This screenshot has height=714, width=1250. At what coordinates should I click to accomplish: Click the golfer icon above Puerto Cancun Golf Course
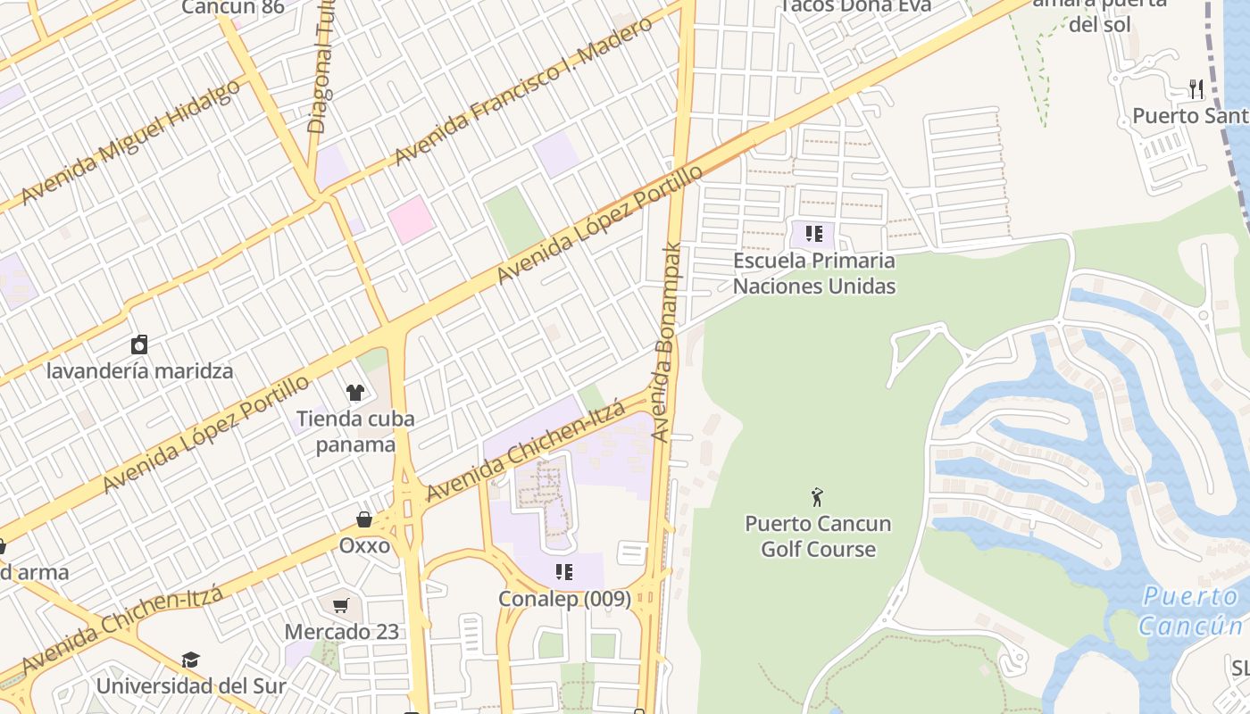click(817, 497)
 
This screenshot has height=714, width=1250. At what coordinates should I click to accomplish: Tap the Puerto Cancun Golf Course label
click(818, 535)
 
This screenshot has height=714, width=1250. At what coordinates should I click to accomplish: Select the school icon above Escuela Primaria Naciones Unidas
click(813, 234)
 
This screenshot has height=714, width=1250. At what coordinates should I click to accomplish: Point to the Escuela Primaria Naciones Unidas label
click(813, 273)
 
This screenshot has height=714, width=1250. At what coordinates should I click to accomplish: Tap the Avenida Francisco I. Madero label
click(523, 91)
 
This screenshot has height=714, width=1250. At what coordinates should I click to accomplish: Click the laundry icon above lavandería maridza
click(139, 345)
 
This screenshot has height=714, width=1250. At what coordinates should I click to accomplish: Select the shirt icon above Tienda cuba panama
click(355, 392)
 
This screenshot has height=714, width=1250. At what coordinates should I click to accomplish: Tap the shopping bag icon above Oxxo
click(364, 519)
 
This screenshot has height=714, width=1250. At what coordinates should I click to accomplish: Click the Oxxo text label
click(364, 545)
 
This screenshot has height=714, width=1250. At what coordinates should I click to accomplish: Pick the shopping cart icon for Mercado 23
click(341, 606)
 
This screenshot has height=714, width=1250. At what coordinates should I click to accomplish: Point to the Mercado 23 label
click(342, 632)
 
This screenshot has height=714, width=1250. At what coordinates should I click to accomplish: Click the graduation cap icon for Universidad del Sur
click(190, 660)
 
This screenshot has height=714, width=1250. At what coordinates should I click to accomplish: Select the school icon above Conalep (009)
click(563, 571)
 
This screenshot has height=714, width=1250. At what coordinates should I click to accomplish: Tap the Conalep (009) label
click(564, 598)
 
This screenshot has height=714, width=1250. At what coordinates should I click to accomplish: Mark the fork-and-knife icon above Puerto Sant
click(1196, 89)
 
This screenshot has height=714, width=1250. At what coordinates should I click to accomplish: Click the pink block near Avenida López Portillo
click(411, 220)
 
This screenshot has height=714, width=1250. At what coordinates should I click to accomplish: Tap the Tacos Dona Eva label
click(855, 6)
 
